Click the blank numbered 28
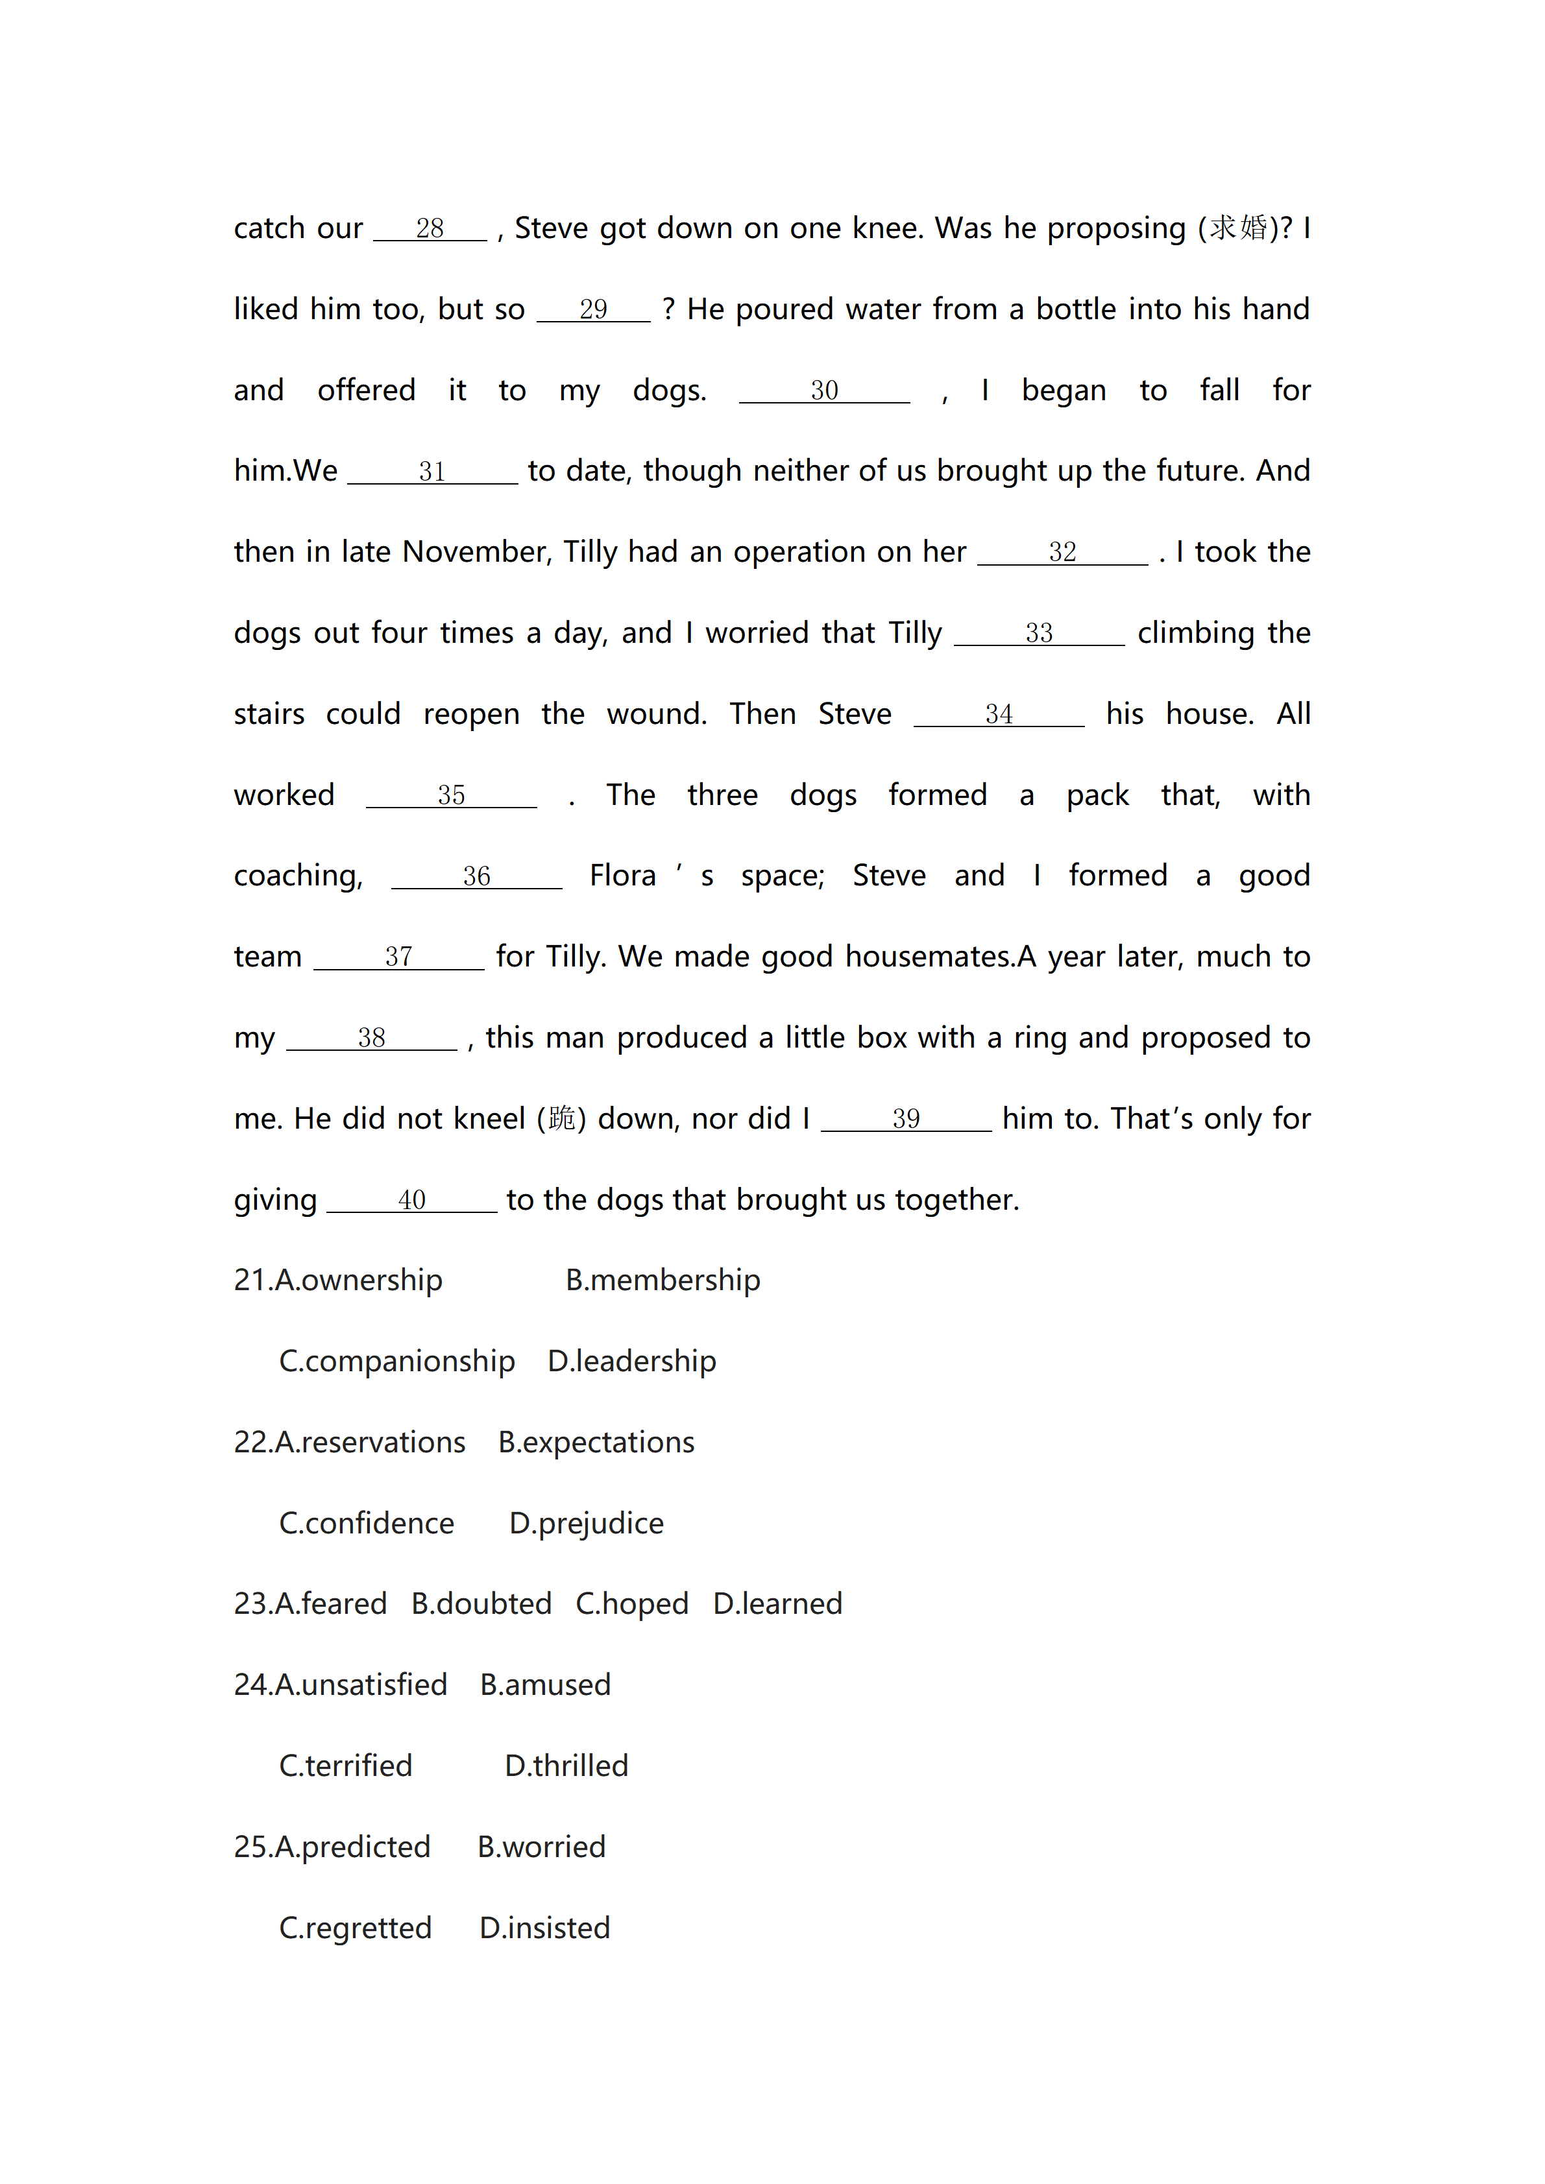click(430, 229)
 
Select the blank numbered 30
click(824, 391)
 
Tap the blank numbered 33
click(1039, 634)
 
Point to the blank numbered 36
click(477, 876)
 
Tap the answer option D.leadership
click(632, 1362)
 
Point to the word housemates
click(929, 956)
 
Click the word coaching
click(298, 876)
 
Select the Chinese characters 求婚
click(1237, 228)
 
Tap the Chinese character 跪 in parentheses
click(561, 1119)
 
